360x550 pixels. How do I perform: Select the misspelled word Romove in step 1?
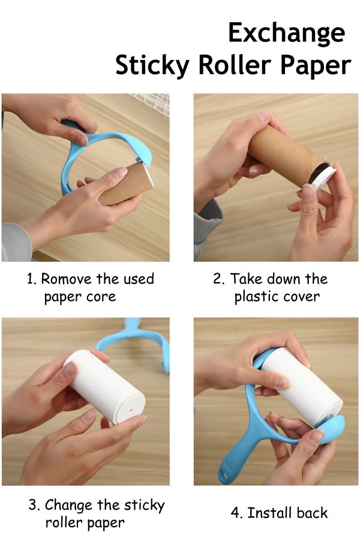click(x=66, y=279)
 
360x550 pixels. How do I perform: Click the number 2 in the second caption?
click(x=218, y=279)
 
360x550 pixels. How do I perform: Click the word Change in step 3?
click(x=68, y=506)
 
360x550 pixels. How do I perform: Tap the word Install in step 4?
click(x=269, y=513)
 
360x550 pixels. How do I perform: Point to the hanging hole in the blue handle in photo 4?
click(x=223, y=476)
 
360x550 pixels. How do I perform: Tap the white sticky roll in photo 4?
click(x=302, y=388)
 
